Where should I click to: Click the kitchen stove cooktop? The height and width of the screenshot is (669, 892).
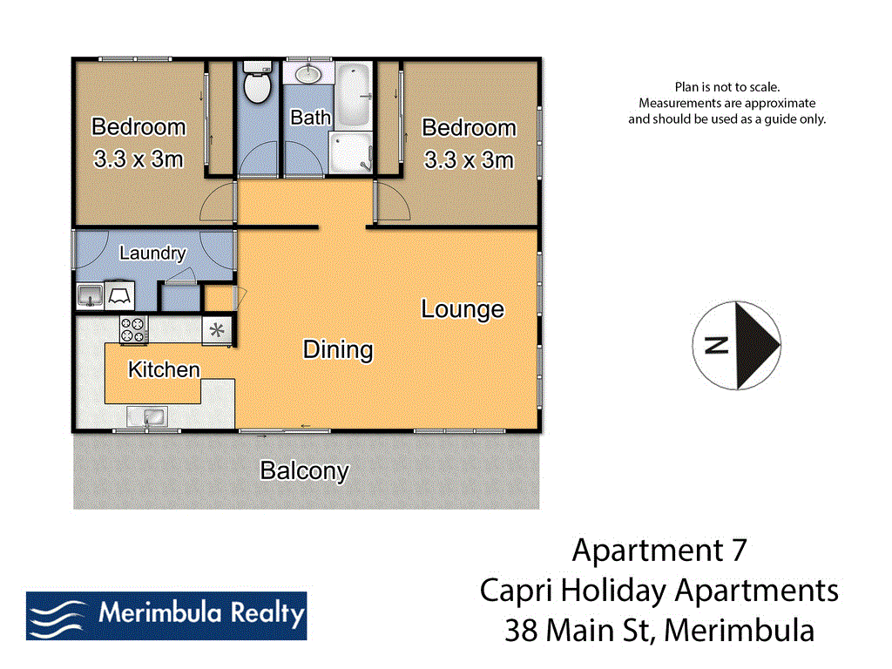pyautogui.click(x=133, y=329)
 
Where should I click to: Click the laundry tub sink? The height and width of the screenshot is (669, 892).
pyautogui.click(x=89, y=296)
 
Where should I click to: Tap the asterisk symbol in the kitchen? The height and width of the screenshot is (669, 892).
pyautogui.click(x=218, y=330)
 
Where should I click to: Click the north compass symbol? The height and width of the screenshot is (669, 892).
pyautogui.click(x=736, y=346)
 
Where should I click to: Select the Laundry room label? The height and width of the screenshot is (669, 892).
pyautogui.click(x=152, y=253)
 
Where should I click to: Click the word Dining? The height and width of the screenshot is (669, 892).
pyautogui.click(x=338, y=350)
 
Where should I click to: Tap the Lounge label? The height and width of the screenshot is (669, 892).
pyautogui.click(x=463, y=309)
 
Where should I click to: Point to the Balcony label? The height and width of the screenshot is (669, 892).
pyautogui.click(x=305, y=471)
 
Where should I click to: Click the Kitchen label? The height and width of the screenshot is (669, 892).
pyautogui.click(x=164, y=369)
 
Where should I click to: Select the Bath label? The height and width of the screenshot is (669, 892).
pyautogui.click(x=310, y=117)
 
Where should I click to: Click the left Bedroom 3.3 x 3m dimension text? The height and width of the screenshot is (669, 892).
pyautogui.click(x=139, y=159)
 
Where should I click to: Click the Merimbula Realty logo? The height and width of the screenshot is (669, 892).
pyautogui.click(x=166, y=615)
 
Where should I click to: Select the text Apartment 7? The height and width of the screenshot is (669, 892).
pyautogui.click(x=659, y=551)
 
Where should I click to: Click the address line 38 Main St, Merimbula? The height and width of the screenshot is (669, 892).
pyautogui.click(x=659, y=630)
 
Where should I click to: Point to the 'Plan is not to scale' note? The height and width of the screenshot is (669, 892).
pyautogui.click(x=726, y=86)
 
